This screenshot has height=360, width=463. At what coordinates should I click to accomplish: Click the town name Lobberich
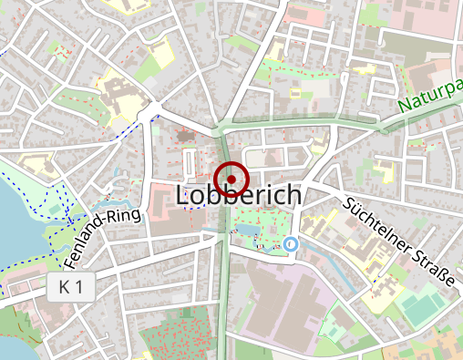tap(238, 196)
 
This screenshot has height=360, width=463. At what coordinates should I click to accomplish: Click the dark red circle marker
tap(231, 177)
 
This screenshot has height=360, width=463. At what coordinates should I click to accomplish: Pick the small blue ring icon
tap(291, 244)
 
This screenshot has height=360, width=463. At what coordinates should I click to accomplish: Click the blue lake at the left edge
tap(13, 228)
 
